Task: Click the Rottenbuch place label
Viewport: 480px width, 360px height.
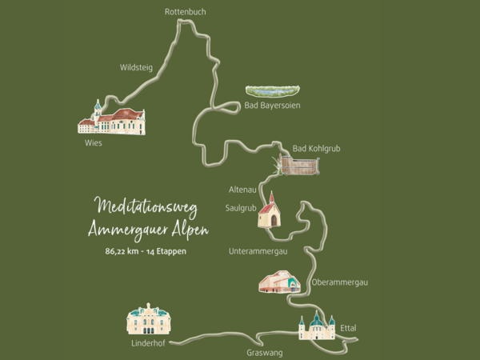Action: point(186,11)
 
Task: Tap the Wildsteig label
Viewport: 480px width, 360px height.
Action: point(135,67)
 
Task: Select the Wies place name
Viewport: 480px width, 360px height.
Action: point(94,144)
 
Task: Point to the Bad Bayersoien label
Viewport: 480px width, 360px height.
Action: point(272,106)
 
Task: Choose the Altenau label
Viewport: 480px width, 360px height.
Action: point(242,190)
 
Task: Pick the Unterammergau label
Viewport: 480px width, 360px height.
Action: point(258,250)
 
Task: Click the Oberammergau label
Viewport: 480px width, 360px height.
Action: point(339,282)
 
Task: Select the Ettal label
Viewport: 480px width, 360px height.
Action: point(347,328)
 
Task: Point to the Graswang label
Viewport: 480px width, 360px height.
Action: point(264,352)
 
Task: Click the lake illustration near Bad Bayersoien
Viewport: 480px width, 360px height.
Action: point(272,90)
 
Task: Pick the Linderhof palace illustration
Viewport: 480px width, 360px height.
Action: point(150,319)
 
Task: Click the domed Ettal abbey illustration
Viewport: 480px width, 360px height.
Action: point(317,326)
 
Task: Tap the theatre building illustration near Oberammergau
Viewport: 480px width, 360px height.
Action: point(278,282)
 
